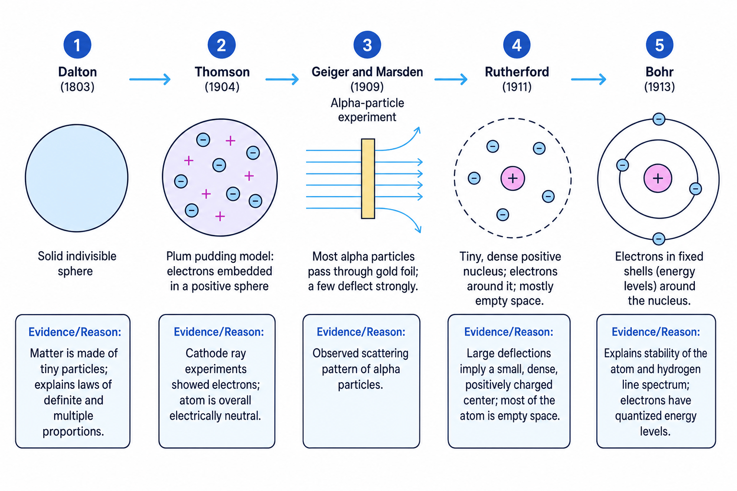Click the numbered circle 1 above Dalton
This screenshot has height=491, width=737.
point(77,45)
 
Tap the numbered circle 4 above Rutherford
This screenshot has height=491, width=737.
point(517,45)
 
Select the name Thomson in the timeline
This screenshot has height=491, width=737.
point(222,72)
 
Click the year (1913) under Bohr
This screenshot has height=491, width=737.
point(659,87)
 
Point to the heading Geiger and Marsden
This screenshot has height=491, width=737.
point(367,72)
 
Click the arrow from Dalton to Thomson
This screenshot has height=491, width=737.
point(150,79)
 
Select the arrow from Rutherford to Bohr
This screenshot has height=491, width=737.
point(589,79)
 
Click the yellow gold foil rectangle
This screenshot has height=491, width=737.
point(368,178)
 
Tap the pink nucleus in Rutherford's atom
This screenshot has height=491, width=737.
point(512,178)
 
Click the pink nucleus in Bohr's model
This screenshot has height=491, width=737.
point(658,178)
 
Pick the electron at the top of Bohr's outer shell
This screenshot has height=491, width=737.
point(659,119)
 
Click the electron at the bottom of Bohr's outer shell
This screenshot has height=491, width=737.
point(659,239)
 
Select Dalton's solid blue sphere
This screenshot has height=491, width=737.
point(77,178)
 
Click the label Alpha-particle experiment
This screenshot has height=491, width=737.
point(367,110)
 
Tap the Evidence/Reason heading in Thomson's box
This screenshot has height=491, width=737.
point(219,332)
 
